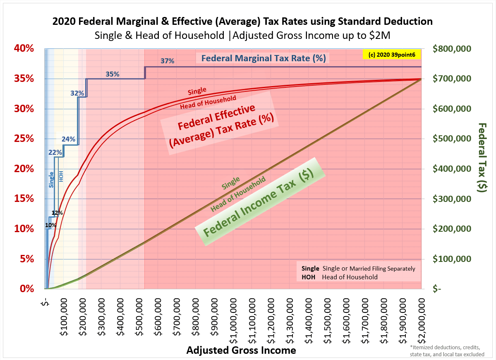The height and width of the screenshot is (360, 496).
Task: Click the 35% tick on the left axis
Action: [24, 79]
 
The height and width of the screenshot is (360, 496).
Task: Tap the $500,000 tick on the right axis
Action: [452, 139]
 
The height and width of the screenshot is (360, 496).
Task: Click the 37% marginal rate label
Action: [168, 61]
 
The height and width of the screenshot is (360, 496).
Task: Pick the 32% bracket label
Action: [77, 93]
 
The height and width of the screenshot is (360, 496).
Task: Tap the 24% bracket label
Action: [68, 139]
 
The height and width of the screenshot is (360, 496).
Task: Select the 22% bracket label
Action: [55, 152]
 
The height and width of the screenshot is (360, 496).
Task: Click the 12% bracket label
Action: [57, 213]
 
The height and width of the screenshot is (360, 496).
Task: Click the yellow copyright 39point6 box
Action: [392, 54]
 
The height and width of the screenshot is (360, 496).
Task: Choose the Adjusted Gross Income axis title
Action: [241, 350]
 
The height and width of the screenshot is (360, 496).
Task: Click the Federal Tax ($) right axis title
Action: [482, 158]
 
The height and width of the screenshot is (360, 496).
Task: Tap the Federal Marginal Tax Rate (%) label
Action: [264, 58]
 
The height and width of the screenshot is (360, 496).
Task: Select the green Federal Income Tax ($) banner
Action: [260, 202]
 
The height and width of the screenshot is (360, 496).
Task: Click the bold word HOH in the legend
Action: [309, 277]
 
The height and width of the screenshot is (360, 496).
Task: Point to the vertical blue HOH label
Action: [61, 176]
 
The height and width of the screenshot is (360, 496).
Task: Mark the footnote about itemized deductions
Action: [447, 351]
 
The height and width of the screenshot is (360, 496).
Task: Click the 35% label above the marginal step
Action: [112, 74]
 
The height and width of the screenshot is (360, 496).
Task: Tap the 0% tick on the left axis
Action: [26, 288]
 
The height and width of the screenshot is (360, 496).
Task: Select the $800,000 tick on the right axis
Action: [452, 48]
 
